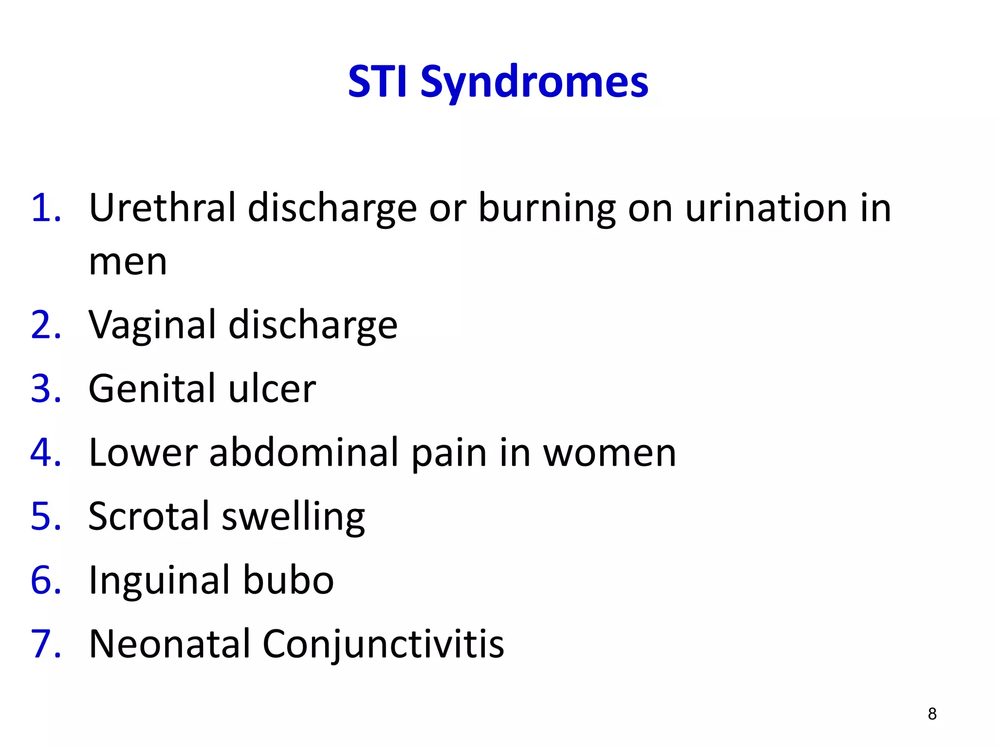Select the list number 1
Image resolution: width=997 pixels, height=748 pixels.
coord(46,208)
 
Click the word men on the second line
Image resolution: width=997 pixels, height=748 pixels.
coord(128,262)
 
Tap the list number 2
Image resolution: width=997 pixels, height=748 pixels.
coord(46,325)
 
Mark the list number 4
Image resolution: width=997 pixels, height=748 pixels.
coord(46,452)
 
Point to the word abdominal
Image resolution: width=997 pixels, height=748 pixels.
coord(305,452)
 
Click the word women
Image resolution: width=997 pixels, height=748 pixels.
coord(609,453)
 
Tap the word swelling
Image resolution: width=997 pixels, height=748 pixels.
coord(293,518)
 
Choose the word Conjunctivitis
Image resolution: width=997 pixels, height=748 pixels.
coord(383,644)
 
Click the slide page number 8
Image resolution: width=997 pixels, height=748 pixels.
coord(932,713)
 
